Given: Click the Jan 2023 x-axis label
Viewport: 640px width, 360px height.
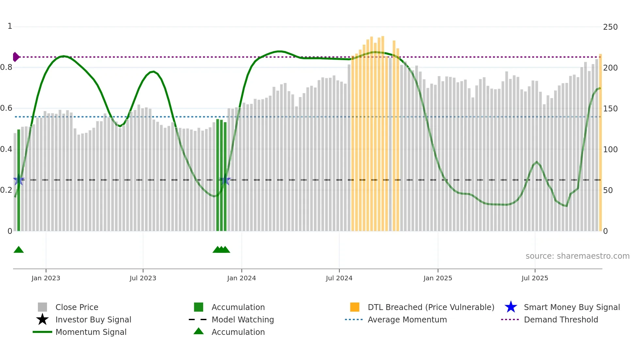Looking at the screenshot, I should point(46,278).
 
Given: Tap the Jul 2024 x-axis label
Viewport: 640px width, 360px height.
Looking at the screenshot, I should point(339,278).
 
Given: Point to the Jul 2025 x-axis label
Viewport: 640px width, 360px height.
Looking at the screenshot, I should point(535,278).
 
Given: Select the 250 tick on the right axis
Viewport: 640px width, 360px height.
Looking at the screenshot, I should point(610,27).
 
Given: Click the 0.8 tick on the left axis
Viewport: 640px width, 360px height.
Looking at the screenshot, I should point(7,67).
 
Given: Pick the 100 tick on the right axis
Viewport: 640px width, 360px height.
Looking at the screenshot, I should point(610,150).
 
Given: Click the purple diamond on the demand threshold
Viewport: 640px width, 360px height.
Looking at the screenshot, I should point(16,57).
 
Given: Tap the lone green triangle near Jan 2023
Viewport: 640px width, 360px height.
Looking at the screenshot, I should point(19,250).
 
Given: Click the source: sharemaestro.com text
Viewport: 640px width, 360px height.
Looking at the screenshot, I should point(577,256).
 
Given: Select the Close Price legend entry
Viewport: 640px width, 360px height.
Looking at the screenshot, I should point(77,307).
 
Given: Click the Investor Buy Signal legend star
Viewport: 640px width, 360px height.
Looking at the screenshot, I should point(42,319).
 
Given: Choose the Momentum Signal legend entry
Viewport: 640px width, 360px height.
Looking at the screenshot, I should point(91,332).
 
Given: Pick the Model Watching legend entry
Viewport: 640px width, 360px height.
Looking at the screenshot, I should point(243,319).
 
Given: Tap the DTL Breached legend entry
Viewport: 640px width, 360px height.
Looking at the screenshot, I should point(431,307).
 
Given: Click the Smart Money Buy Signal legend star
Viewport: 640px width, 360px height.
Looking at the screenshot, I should point(511,307).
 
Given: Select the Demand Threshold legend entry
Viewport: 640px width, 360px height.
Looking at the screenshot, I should point(561,319).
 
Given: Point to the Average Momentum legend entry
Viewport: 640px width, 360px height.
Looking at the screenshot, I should point(407,319).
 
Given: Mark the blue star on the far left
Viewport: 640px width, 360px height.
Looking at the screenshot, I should point(18,180).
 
